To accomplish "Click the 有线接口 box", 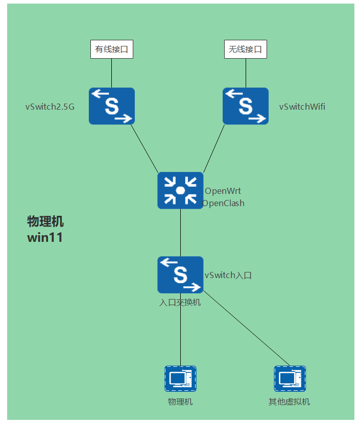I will click(x=112, y=49).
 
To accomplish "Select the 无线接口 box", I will click(x=246, y=49).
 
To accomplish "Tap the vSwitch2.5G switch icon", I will click(x=112, y=106).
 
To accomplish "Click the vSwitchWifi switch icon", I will click(x=246, y=106).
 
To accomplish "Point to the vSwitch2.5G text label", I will click(x=50, y=107).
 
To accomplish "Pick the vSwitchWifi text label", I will click(x=302, y=107).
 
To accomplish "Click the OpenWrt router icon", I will click(x=180, y=190).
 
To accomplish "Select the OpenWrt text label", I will click(x=223, y=191).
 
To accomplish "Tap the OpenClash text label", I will click(x=224, y=203).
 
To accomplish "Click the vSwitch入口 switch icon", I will click(x=180, y=274).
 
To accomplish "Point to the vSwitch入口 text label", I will click(x=228, y=276).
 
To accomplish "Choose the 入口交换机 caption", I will click(x=180, y=303).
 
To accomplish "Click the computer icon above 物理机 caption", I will click(x=180, y=379).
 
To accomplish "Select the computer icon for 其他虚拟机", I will click(x=290, y=379).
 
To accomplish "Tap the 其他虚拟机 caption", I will click(x=290, y=402).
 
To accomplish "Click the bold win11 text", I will click(x=45, y=237).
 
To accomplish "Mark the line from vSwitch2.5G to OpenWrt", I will click(x=145, y=148).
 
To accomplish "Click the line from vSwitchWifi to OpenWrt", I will click(x=214, y=148).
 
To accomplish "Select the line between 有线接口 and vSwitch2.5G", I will click(x=112, y=73).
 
